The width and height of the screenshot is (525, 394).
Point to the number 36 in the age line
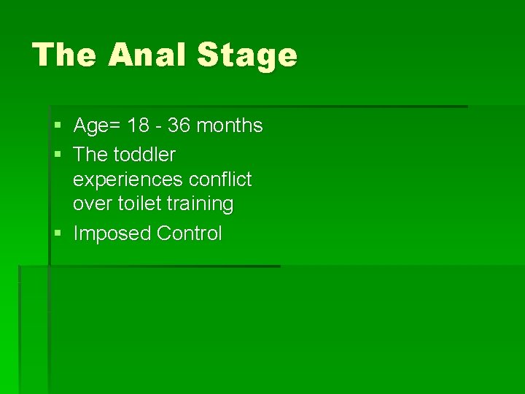[x=179, y=125]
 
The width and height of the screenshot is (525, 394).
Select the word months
[x=229, y=125]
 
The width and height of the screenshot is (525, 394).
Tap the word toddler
[x=145, y=155]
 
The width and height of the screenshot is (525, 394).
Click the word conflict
[x=218, y=179]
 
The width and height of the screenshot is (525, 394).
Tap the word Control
[x=190, y=233]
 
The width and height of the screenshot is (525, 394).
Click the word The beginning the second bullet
[x=90, y=155]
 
